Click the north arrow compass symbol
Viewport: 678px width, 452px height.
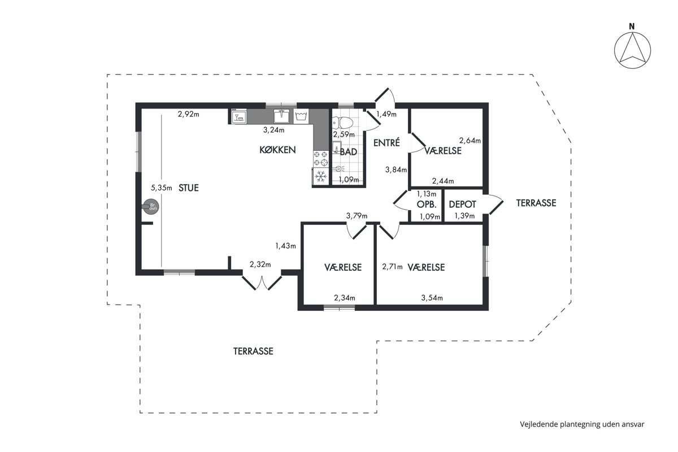point(632,50)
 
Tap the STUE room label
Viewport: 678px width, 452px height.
point(189,188)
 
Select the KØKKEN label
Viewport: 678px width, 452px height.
point(277,150)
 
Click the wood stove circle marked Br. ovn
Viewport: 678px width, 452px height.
point(151,207)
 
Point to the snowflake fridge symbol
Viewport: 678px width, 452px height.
point(320,176)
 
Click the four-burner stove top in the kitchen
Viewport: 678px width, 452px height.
point(320,159)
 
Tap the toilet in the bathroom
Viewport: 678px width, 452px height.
point(343,123)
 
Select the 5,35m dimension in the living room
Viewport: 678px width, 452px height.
point(162,188)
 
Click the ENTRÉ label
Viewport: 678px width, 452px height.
point(386,142)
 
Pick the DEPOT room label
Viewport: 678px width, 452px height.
point(463,205)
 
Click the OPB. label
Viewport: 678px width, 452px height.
point(427,205)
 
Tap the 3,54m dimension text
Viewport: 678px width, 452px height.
point(432,298)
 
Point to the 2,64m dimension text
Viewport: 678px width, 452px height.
point(470,141)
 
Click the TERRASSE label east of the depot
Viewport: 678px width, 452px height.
point(536,203)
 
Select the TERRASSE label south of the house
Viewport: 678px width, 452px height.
point(253,351)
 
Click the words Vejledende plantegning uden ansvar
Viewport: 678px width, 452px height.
point(582,424)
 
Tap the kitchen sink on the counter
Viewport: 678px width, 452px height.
point(281,116)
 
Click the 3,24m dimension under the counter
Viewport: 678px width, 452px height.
point(273,130)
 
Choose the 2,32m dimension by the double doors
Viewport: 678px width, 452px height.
point(260,264)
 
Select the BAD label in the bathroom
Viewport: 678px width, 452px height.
point(349,151)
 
